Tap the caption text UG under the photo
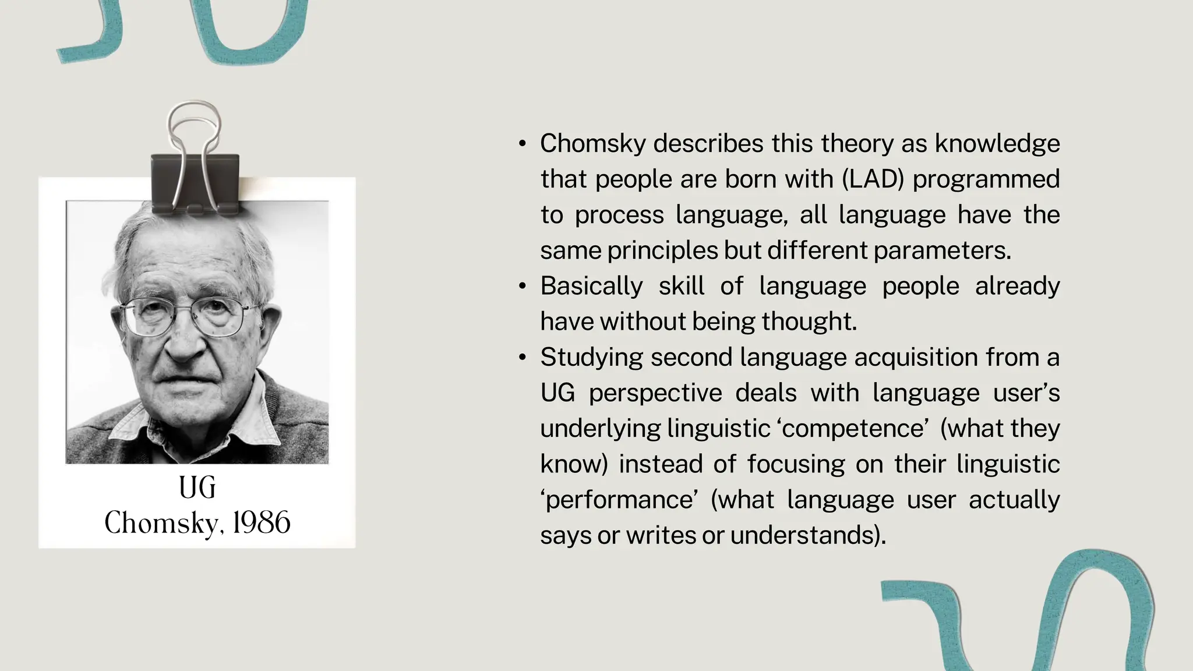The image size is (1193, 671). point(197,488)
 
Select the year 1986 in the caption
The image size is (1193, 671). point(261,522)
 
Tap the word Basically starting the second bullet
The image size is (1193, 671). point(591,286)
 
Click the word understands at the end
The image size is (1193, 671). point(807,535)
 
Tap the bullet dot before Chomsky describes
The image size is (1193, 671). point(522,144)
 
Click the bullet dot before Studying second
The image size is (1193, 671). point(522,358)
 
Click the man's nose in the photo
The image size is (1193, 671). point(185,344)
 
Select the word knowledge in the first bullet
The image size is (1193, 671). point(997,143)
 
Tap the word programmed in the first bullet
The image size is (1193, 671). point(986,179)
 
